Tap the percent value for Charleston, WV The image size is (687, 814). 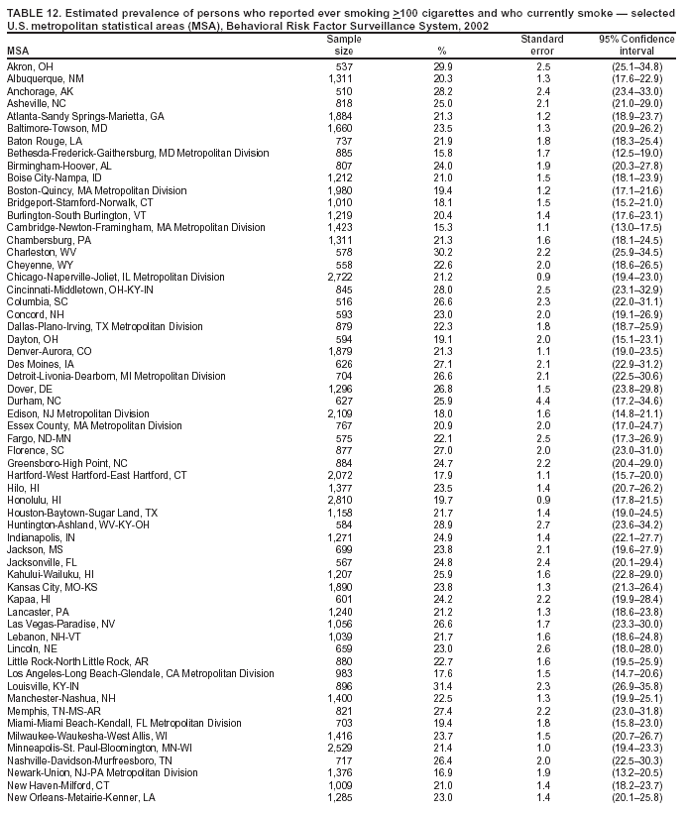pos(442,252)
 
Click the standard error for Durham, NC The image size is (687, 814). pos(543,401)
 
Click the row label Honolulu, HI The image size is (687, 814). pos(35,500)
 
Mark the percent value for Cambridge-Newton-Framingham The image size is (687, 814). pos(442,227)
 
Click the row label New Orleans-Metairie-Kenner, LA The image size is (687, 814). pos(81,797)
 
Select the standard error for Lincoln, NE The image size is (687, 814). pos(543,648)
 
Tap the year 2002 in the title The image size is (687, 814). pos(477,25)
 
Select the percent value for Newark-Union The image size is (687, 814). pos(442,772)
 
